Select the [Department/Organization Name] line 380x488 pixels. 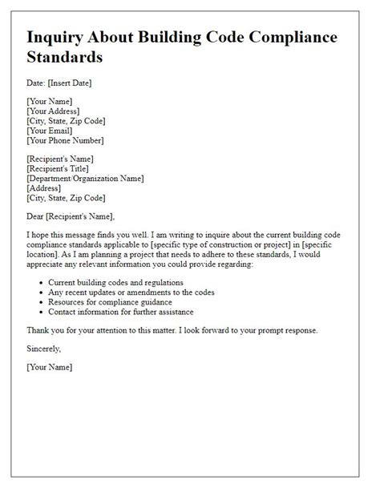click(x=85, y=178)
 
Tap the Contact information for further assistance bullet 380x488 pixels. click(x=124, y=312)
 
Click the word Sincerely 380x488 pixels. click(x=45, y=349)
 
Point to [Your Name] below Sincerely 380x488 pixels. click(x=49, y=367)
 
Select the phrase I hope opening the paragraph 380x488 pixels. click(x=38, y=234)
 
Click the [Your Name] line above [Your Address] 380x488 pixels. click(x=49, y=102)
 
